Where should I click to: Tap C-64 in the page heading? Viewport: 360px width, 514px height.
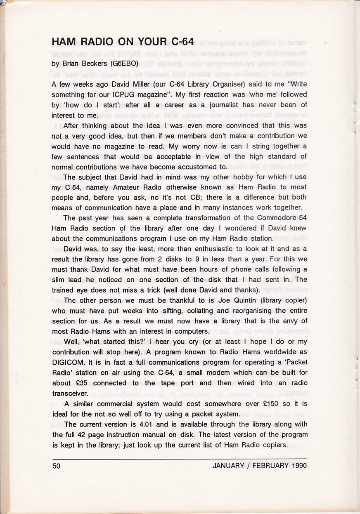[180, 42]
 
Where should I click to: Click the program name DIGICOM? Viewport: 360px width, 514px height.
[68, 362]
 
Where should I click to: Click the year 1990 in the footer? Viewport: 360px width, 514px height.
[298, 466]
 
